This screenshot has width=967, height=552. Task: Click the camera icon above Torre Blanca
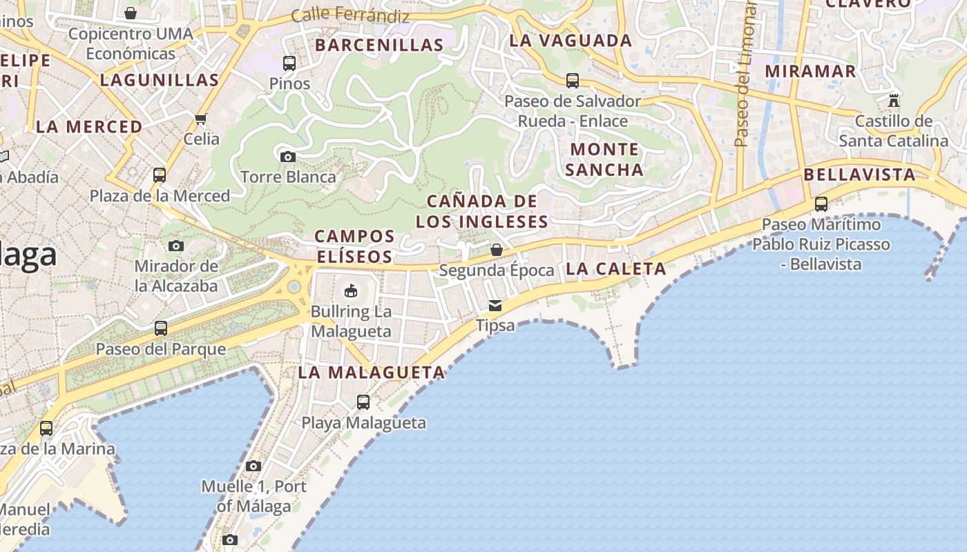coord(288,157)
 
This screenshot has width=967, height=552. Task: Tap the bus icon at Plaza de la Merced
coord(160,175)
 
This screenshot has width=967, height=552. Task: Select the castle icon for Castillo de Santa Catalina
coord(894,101)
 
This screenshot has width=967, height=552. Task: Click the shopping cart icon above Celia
coord(201,119)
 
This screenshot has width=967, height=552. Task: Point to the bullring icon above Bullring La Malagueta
coord(351,290)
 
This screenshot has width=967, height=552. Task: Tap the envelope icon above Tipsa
coord(495,305)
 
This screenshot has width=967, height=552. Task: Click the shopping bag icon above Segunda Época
coord(496,250)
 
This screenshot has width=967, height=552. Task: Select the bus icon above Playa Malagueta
coord(363,402)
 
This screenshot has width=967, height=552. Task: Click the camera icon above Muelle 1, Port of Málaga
coord(253,466)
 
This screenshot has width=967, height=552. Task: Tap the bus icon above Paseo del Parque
coord(161,328)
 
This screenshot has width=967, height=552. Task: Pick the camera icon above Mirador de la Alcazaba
coord(176,246)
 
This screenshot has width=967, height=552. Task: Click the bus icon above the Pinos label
coord(289,63)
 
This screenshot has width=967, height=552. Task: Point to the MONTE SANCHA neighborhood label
coord(605,159)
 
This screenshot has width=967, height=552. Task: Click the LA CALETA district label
coord(616,269)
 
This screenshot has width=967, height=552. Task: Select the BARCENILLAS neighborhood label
coord(379,46)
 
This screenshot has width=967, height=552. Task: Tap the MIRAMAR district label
coord(810,71)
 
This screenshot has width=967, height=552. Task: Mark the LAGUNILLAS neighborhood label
coord(160,80)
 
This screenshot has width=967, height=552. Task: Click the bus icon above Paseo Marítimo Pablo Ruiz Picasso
coord(821,204)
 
